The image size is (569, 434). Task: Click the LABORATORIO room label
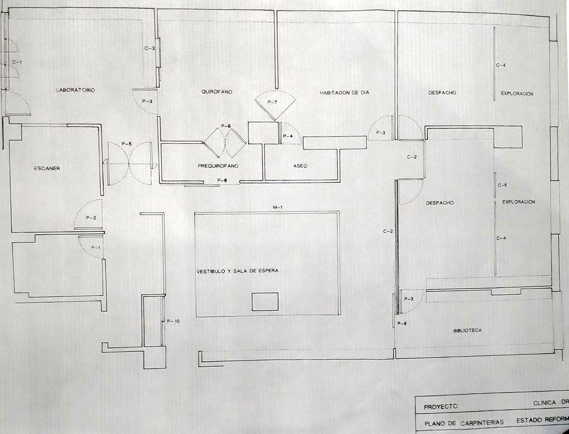pos(75,90)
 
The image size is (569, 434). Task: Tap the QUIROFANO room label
pos(217,92)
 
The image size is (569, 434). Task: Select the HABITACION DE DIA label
pos(344,93)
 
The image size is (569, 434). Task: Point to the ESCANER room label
pos(47,169)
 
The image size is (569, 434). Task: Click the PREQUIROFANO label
pos(218,166)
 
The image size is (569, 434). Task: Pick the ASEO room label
pos(300,166)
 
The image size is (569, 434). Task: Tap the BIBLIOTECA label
pos(467,331)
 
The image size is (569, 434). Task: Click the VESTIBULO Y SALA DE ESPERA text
pos(237,271)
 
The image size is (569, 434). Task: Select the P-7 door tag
pos(272,102)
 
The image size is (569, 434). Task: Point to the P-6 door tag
pos(226,126)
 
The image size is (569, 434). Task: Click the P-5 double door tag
pos(127,144)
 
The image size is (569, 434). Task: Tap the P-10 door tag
pos(173,321)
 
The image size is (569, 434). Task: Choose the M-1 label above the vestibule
pos(277,207)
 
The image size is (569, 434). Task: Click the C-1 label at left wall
pos(17,62)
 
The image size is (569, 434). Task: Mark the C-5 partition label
pos(502,186)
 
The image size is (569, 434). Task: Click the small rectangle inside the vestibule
pos(265,302)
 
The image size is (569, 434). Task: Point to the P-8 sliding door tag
pos(222,180)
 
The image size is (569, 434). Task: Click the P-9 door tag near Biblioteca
pos(402,324)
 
